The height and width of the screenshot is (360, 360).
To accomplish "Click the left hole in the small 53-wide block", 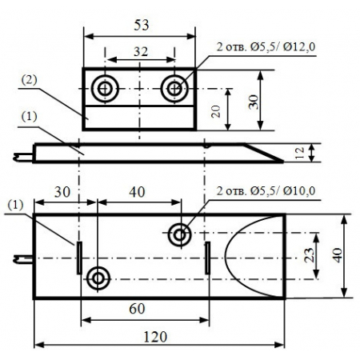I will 105,89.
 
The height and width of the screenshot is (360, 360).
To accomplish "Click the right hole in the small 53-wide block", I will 174,89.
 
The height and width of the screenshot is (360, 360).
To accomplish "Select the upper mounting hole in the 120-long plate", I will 180,234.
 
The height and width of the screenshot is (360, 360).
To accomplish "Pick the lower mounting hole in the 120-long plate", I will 99,278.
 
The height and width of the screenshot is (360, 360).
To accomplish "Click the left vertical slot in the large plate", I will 79,257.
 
